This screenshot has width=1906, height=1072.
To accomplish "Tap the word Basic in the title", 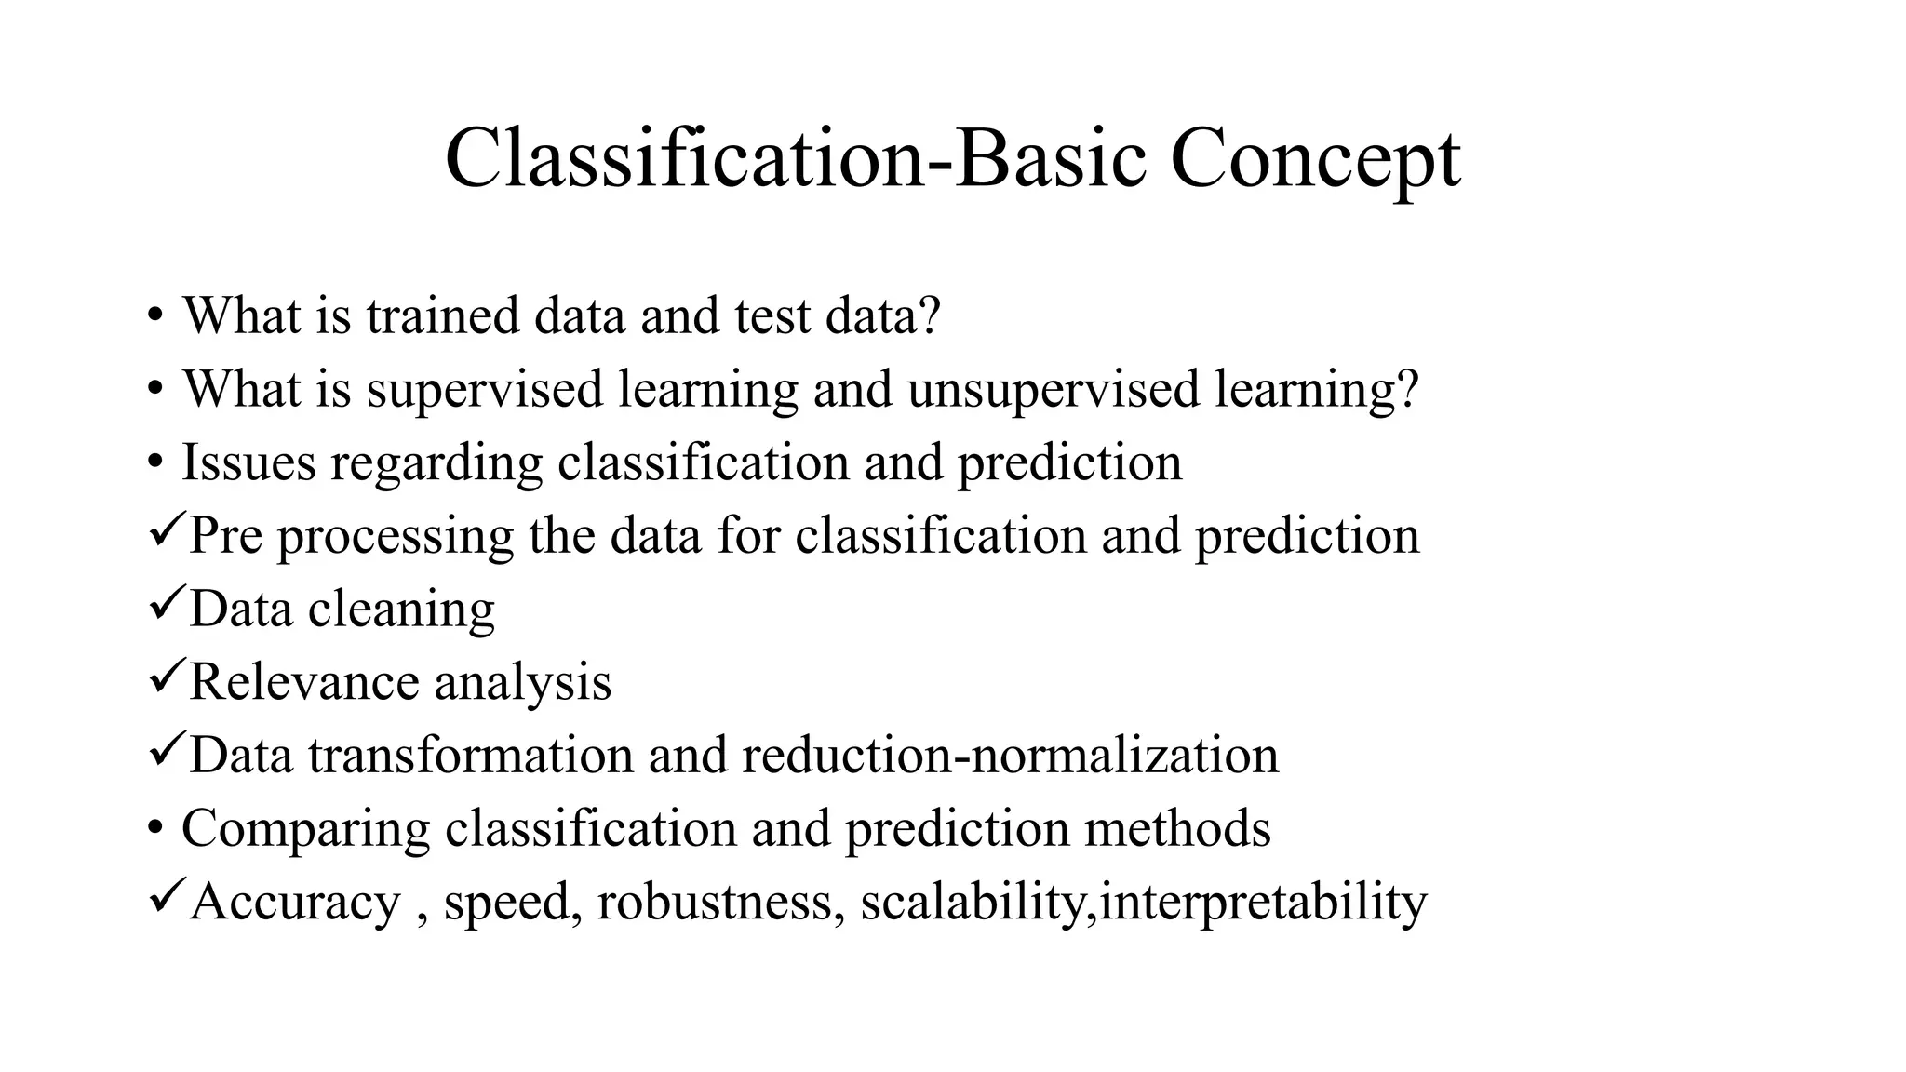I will tap(1052, 158).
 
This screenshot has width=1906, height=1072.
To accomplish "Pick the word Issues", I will tap(248, 462).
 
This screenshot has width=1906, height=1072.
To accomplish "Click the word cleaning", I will tap(401, 610).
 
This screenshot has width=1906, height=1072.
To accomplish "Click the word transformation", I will tap(471, 755).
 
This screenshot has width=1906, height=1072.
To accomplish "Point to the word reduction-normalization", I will tap(1010, 755).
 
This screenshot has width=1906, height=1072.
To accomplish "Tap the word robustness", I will tap(721, 902).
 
